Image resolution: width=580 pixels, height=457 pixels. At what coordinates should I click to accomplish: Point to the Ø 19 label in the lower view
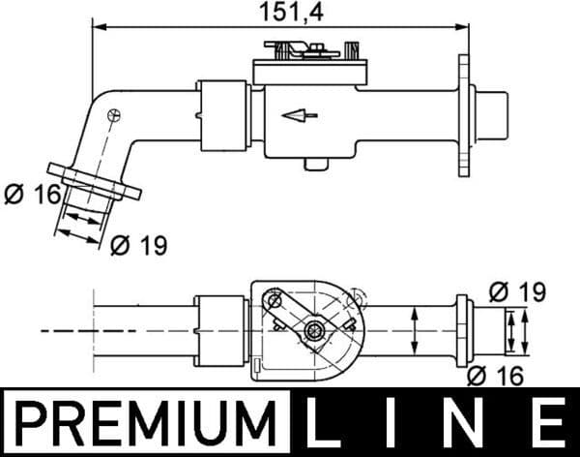(517, 290)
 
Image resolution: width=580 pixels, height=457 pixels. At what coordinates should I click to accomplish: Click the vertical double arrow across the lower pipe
(415, 330)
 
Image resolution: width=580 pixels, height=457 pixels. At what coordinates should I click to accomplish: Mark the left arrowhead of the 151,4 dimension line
(97, 27)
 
